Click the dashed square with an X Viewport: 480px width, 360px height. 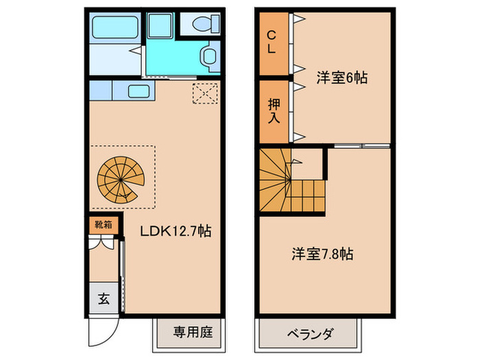[204, 93]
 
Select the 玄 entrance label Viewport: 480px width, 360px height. [103, 298]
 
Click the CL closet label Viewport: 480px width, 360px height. [272, 42]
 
